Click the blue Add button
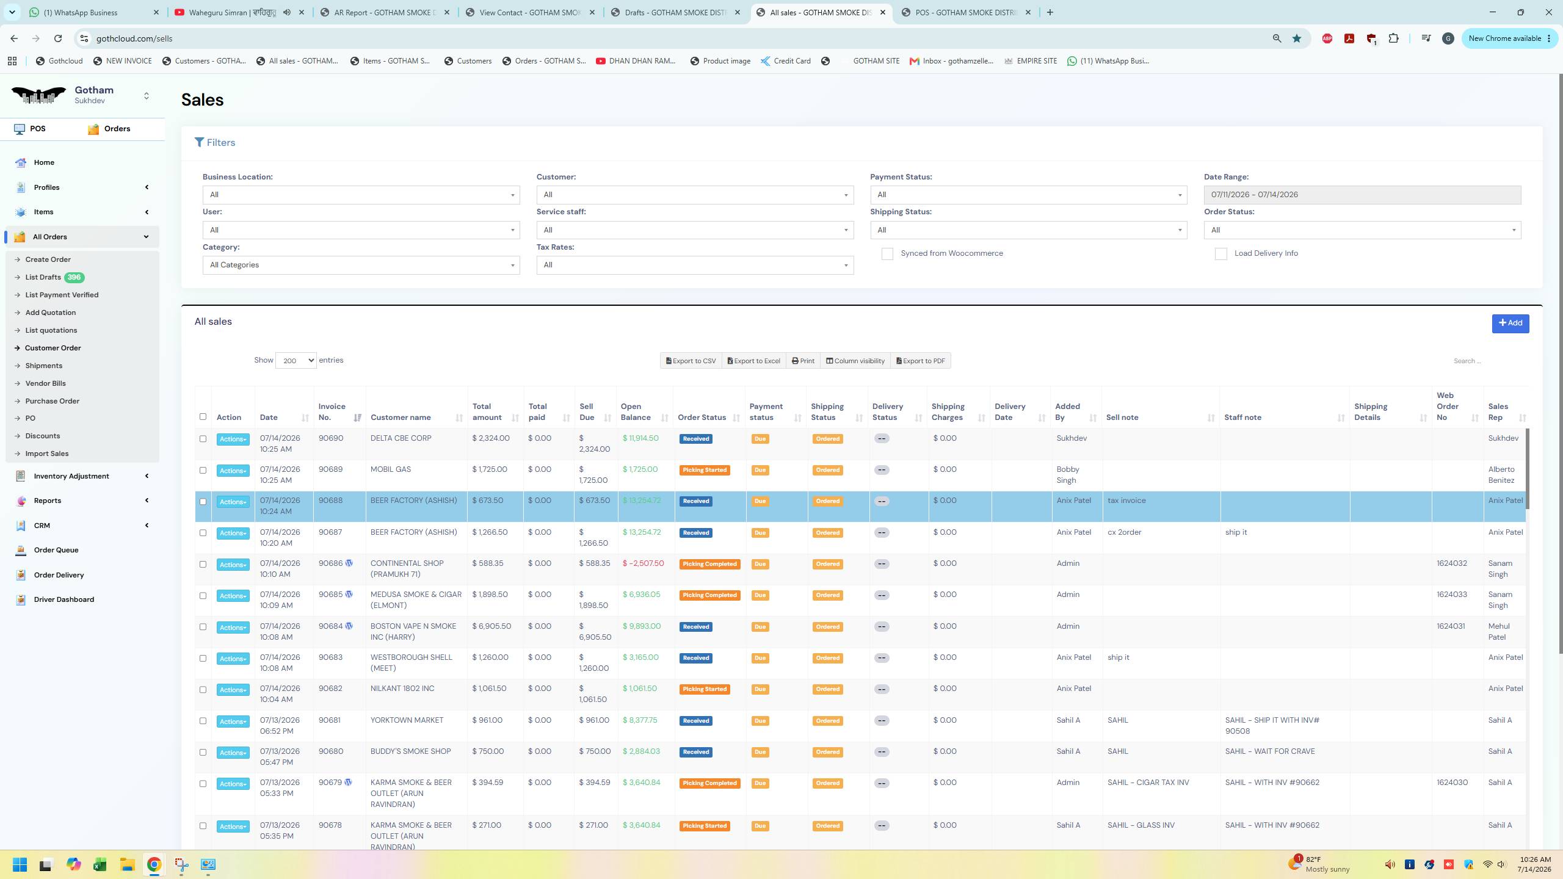tap(1510, 323)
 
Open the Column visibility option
tap(855, 361)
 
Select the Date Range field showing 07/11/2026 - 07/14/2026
tap(1362, 195)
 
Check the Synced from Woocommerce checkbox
tap(887, 254)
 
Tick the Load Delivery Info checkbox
tap(1220, 254)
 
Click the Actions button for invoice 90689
tap(233, 471)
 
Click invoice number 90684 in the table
tap(330, 626)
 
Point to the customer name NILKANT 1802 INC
tap(402, 689)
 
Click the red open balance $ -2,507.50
tap(643, 563)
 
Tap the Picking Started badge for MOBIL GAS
tap(705, 470)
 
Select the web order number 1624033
tap(1451, 595)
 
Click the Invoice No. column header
tap(332, 412)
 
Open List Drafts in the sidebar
tap(43, 277)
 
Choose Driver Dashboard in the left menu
tap(63, 599)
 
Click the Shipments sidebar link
tap(43, 366)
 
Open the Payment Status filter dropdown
tap(1028, 195)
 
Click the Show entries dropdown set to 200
tap(296, 361)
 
